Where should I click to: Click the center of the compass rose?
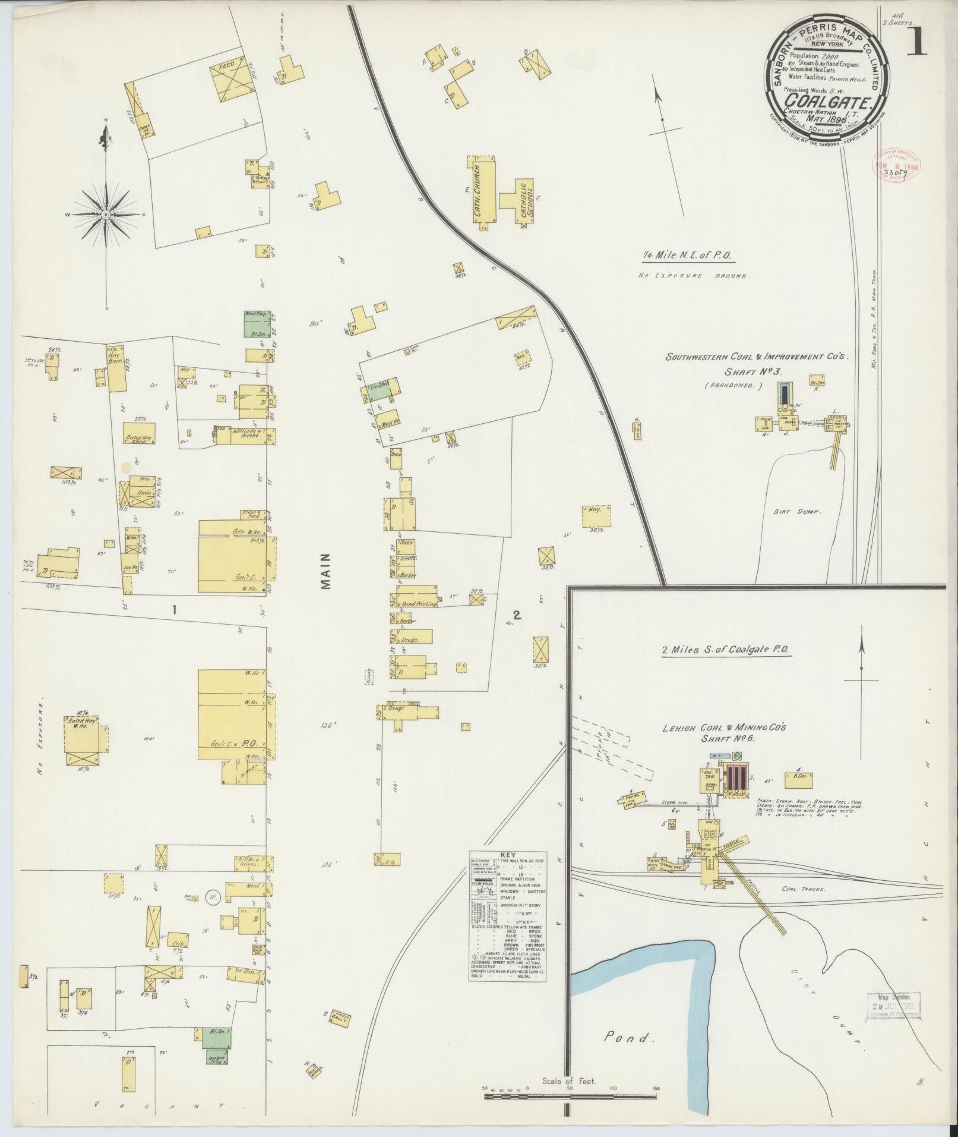[x=106, y=214]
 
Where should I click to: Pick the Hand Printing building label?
[x=419, y=603]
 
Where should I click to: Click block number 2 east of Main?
[x=516, y=616]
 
